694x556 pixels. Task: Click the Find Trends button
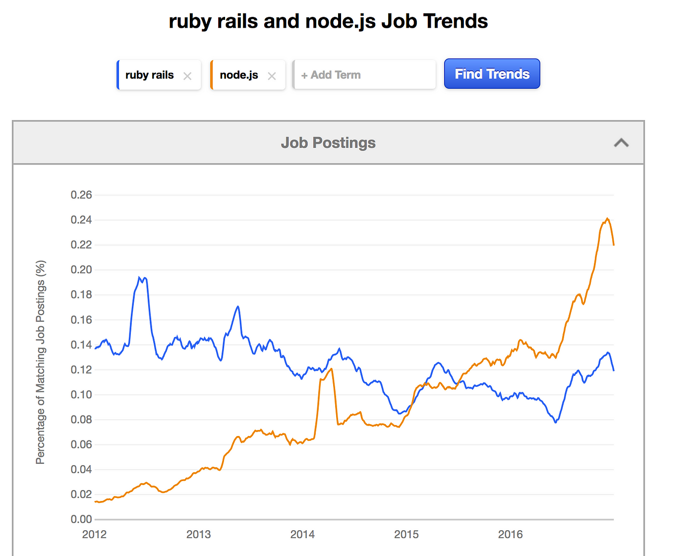[x=492, y=74]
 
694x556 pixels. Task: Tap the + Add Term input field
[x=364, y=75]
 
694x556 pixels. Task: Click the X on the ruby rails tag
[x=187, y=76]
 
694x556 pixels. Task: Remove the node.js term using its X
[x=272, y=76]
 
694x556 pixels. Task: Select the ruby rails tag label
[x=149, y=75]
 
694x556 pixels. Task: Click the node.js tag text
[x=238, y=75]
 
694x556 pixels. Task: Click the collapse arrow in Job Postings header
[x=621, y=143]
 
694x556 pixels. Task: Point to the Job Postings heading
[x=328, y=143]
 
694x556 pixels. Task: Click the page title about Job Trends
[x=328, y=21]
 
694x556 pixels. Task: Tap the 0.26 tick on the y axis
[x=81, y=195]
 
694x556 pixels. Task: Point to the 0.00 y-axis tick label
[x=81, y=519]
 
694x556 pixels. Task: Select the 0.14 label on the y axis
[x=81, y=345]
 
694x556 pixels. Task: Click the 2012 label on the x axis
[x=94, y=534]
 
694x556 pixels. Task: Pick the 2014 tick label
[x=302, y=534]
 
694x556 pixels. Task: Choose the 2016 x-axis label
[x=510, y=534]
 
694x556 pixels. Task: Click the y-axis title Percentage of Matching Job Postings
[x=41, y=362]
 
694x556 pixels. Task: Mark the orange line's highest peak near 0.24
[x=607, y=218]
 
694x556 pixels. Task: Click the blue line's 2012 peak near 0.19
[x=140, y=278]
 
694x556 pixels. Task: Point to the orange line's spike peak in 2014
[x=331, y=369]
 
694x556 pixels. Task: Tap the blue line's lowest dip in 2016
[x=556, y=422]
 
